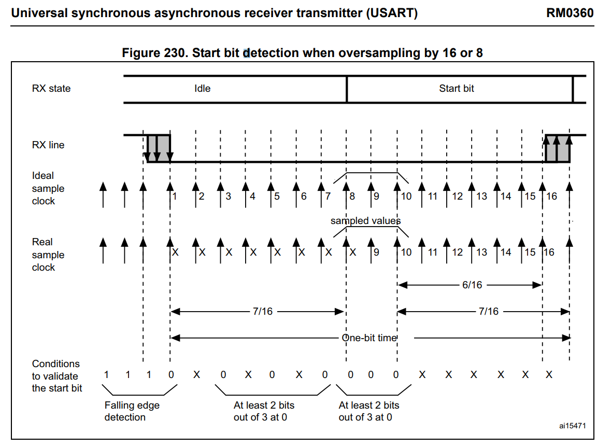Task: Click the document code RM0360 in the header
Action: (569, 13)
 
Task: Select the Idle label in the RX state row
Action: (202, 88)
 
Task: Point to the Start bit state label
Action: (457, 88)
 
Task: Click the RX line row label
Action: (48, 145)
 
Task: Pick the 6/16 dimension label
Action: (472, 285)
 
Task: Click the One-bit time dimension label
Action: (369, 338)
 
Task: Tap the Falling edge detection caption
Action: (132, 411)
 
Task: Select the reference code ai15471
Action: (572, 426)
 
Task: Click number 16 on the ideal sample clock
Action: (552, 196)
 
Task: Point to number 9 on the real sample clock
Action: (376, 252)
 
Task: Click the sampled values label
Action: (365, 220)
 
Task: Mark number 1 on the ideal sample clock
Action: (174, 196)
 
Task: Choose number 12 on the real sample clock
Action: (457, 252)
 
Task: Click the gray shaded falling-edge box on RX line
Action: (159, 148)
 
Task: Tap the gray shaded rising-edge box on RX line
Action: (558, 148)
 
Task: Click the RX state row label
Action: (51, 88)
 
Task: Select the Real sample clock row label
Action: (48, 255)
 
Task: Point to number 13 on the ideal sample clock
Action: (481, 196)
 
